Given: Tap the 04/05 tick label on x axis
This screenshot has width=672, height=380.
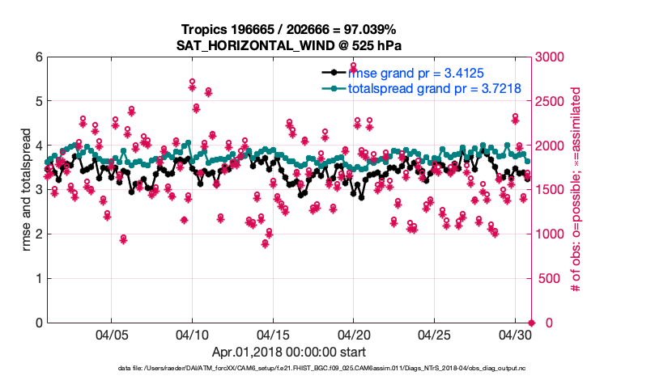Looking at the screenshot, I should pyautogui.click(x=112, y=334).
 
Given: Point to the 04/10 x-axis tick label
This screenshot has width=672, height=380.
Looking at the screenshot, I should pyautogui.click(x=192, y=334).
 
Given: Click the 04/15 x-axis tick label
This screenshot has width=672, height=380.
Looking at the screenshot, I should pyautogui.click(x=273, y=334).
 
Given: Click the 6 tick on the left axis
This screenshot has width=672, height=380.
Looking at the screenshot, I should pyautogui.click(x=39, y=57).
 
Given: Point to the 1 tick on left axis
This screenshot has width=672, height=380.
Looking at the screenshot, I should pyautogui.click(x=39, y=279).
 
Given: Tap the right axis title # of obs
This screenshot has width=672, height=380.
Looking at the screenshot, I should pyautogui.click(x=577, y=190).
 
